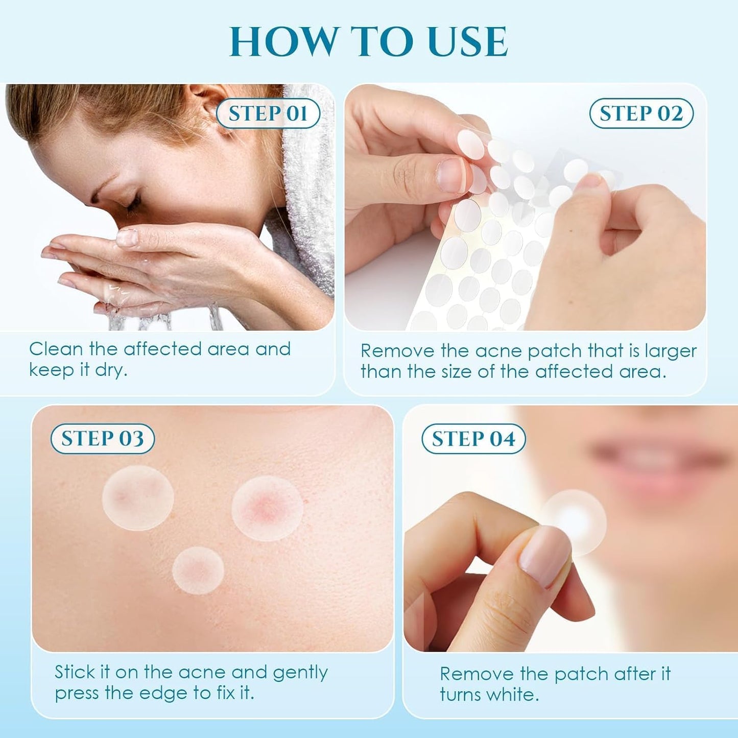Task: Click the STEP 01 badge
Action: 268,113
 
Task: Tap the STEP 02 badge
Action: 641,113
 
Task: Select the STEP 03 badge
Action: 102,439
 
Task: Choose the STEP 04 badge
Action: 473,439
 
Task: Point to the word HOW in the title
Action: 282,42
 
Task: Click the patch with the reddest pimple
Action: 267,508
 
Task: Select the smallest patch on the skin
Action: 198,570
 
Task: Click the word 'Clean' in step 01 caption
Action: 56,349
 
